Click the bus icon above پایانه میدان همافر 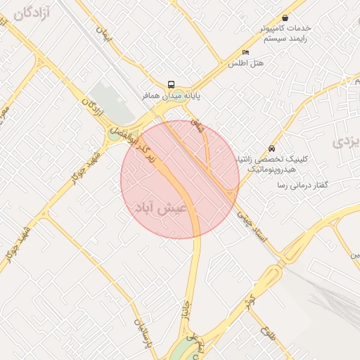point(172,84)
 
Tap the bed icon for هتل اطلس point(245,53)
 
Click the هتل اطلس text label point(245,63)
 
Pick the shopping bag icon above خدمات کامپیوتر point(285,18)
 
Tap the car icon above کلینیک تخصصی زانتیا point(271,149)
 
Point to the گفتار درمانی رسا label point(303,184)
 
